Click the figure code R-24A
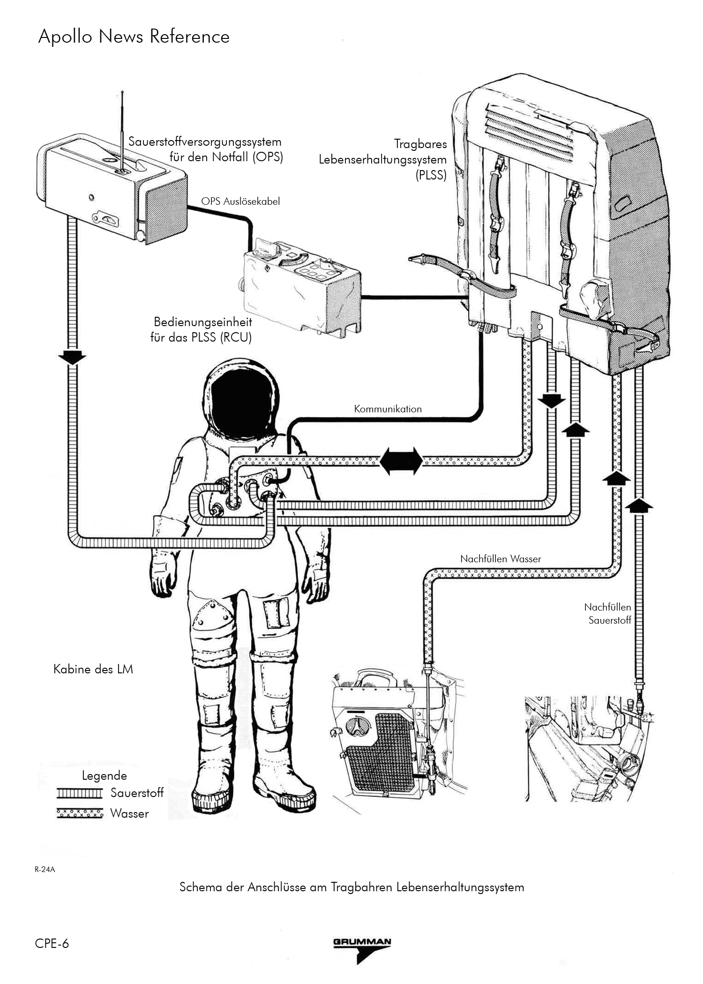coord(45,870)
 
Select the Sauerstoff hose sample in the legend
coord(80,793)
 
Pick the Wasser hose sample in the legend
coord(80,813)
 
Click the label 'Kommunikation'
coord(388,409)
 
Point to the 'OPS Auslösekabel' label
coord(240,201)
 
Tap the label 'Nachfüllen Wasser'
coord(501,559)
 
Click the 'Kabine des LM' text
coord(93,669)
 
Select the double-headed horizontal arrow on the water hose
coord(401,461)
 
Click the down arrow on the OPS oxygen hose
coord(72,357)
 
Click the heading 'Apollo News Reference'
coord(134,37)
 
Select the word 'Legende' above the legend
coord(104,775)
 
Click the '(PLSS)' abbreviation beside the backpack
coord(431,176)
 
